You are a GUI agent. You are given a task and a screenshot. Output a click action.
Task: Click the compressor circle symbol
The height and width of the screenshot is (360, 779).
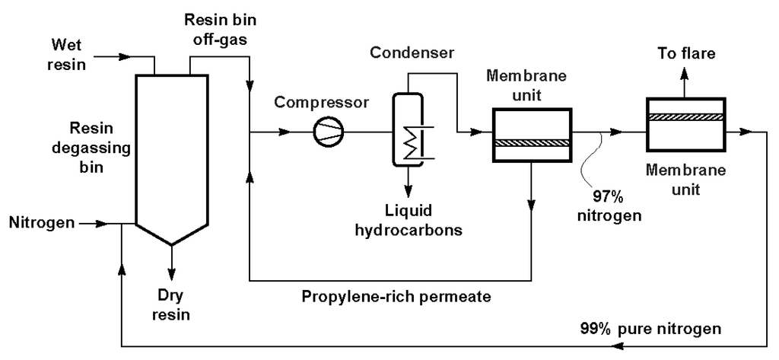click(x=328, y=132)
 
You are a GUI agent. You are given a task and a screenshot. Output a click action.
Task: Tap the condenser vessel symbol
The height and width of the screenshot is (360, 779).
click(x=407, y=128)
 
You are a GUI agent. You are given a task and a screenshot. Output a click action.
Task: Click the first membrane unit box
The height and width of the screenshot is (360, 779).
click(x=531, y=134)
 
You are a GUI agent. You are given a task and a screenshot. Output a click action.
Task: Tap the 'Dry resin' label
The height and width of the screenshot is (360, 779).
click(x=170, y=304)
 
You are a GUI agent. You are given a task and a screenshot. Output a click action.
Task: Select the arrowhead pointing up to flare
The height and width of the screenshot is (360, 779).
click(x=683, y=73)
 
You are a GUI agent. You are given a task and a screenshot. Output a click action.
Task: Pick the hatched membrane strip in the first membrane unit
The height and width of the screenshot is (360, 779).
click(x=531, y=142)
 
